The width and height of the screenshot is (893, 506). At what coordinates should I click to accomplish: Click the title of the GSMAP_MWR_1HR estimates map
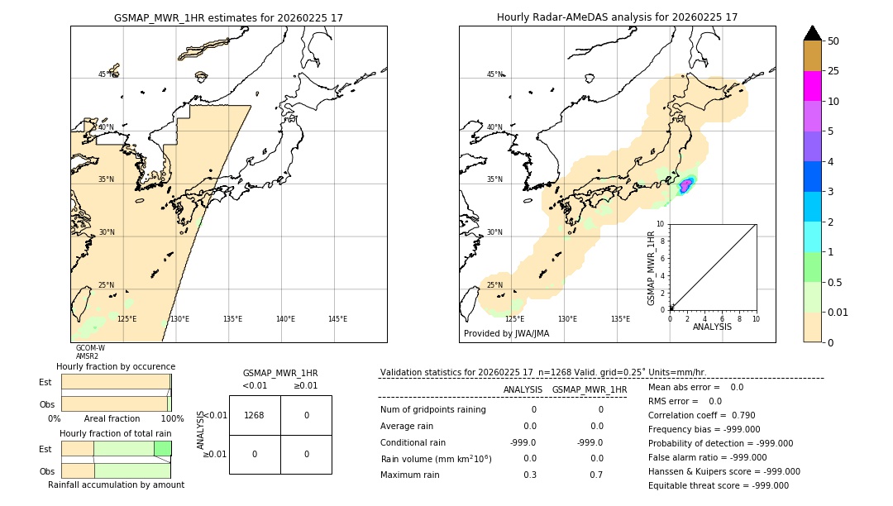click(x=228, y=17)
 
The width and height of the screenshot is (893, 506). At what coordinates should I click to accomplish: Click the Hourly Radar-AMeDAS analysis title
click(x=617, y=17)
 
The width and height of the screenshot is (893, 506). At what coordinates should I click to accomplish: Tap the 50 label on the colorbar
click(x=833, y=41)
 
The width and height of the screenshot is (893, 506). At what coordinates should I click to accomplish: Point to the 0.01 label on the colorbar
click(x=838, y=312)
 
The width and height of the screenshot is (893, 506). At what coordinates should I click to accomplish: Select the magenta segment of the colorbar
click(x=813, y=86)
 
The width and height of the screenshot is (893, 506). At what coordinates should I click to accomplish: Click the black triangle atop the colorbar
click(x=813, y=33)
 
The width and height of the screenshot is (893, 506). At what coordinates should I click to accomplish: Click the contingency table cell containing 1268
click(x=255, y=415)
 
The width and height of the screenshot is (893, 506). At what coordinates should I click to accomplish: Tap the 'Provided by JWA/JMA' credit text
click(x=506, y=333)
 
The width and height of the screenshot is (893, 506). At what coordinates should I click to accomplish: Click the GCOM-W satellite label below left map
click(x=90, y=348)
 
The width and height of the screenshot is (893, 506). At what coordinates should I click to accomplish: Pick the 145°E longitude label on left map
click(x=337, y=319)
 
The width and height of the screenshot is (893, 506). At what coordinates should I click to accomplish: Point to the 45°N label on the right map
click(x=494, y=74)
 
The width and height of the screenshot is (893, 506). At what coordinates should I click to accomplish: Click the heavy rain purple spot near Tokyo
click(x=685, y=186)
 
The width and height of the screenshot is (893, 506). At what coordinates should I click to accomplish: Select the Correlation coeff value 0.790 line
click(x=701, y=415)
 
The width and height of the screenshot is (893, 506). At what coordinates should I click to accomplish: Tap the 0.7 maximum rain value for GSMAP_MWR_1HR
click(x=596, y=475)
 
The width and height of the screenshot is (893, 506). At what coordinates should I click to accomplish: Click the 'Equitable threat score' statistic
click(x=718, y=485)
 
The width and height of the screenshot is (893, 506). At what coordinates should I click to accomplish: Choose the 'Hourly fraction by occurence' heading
click(x=116, y=366)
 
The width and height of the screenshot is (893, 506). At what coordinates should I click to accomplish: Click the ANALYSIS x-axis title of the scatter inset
click(x=711, y=327)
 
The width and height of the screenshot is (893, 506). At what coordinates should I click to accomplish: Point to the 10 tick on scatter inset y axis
click(x=661, y=224)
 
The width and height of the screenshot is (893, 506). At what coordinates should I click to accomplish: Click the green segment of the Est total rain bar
click(x=162, y=448)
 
